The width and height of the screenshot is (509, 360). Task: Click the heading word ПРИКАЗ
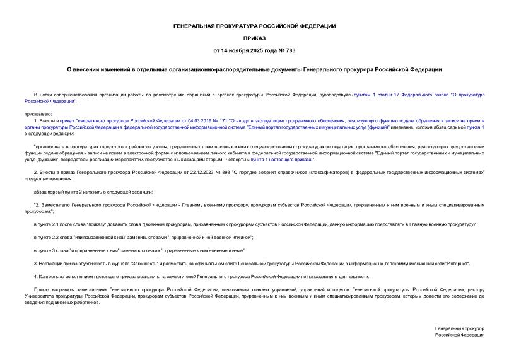(255, 37)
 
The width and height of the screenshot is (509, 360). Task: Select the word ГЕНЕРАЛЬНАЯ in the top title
(197, 26)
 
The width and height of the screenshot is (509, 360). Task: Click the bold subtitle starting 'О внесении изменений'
(255, 69)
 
